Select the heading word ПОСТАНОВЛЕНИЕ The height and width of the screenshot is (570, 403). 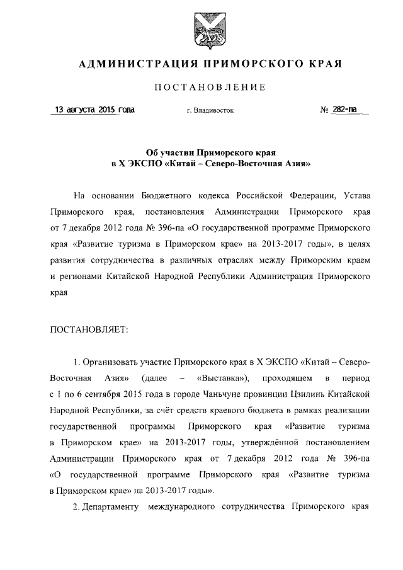(x=202, y=87)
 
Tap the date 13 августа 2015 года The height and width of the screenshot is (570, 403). (x=94, y=110)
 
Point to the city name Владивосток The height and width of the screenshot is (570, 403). (x=210, y=110)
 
